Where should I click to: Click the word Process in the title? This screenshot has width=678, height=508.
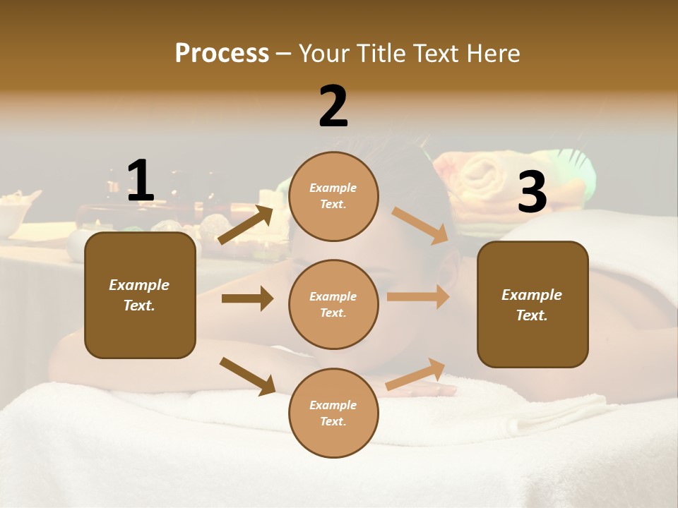pos(222,54)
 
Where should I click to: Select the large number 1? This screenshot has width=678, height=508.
pos(141,181)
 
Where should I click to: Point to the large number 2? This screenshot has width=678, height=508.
pos(333,107)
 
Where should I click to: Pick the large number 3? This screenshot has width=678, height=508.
pos(532,192)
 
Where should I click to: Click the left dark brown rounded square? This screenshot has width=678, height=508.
pos(140,295)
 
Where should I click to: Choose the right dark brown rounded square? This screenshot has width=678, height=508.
pos(533,304)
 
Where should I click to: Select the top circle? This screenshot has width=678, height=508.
pos(333,196)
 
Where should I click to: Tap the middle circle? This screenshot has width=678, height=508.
pos(333,304)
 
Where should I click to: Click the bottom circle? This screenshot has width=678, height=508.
pos(333,413)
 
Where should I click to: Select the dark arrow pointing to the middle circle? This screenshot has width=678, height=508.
pos(247,298)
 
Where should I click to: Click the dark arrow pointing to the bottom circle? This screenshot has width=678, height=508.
pos(248,376)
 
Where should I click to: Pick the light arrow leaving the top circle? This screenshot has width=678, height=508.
pos(420,226)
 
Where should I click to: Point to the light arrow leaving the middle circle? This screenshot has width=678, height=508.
pos(418,297)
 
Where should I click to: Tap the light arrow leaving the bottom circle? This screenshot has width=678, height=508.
pos(416,374)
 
